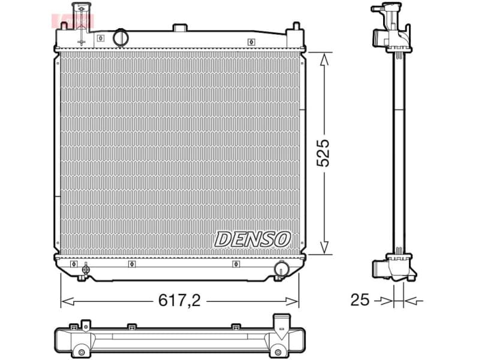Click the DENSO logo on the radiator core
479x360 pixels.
point(252,238)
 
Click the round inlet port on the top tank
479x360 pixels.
point(121,37)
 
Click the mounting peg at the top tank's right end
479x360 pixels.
point(295,28)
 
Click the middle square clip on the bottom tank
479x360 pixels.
point(131,263)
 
